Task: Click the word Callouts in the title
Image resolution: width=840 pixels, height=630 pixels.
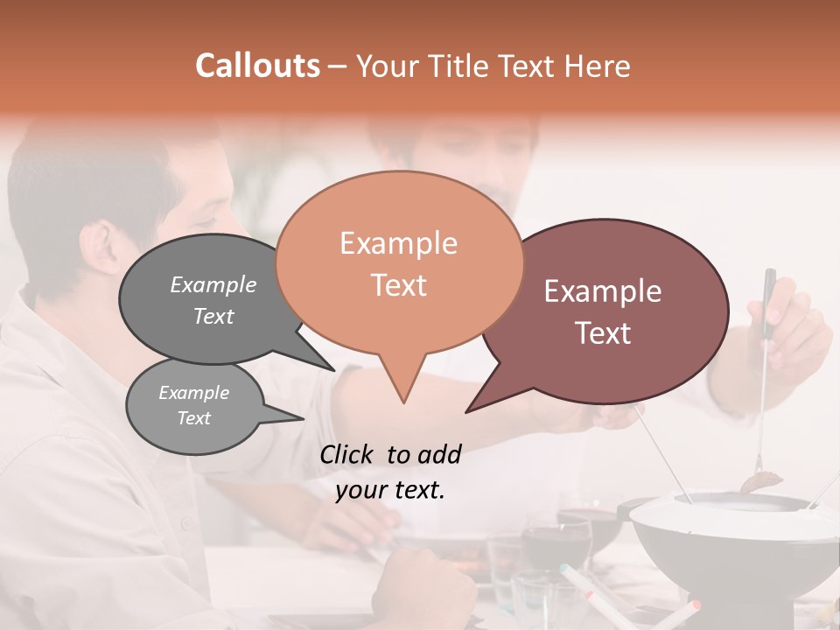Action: pos(257,66)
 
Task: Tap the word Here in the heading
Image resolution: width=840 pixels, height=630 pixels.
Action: pos(598,66)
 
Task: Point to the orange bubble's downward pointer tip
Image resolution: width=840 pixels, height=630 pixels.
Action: pos(402,402)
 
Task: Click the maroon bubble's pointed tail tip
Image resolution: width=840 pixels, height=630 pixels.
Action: pos(467,411)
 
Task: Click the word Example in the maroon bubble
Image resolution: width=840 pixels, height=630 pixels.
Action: pos(603,291)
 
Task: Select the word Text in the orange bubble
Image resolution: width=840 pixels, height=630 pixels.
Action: pos(398,285)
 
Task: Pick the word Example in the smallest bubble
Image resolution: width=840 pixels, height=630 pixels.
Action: pos(193,393)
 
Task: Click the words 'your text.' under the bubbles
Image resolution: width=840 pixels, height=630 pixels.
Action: pos(390,490)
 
